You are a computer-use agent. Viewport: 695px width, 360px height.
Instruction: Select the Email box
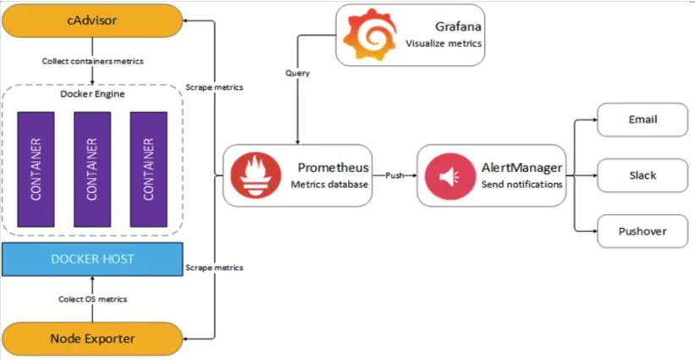643,119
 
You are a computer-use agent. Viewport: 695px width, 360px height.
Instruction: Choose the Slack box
643,175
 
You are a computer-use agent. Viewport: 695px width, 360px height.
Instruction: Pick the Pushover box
643,230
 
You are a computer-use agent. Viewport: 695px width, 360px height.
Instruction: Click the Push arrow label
394,175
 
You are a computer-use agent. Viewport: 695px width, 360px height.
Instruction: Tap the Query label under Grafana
297,74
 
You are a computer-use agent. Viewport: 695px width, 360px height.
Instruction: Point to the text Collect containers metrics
92,61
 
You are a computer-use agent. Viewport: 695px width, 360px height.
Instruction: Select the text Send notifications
522,185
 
